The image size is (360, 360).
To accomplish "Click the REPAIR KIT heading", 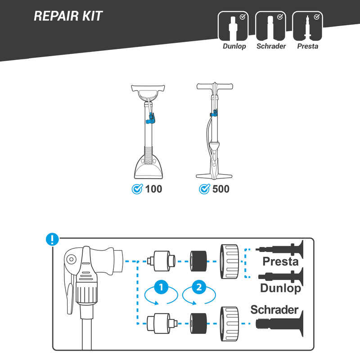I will tap(68, 16).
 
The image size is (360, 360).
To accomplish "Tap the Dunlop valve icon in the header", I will tap(234, 27).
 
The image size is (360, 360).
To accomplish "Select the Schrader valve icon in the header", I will tap(271, 27).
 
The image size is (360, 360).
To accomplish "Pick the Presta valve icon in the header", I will tap(308, 27).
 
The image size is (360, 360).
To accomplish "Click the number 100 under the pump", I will tap(153, 189).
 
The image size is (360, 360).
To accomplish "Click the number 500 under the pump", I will tap(220, 189).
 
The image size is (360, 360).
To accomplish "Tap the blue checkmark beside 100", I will tap(137, 189).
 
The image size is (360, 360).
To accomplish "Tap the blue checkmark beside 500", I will tap(204, 189).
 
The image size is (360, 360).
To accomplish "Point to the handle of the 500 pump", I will tap(214, 86).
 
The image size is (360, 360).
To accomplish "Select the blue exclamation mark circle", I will tap(53, 239).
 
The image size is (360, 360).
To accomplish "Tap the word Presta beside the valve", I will tap(281, 261).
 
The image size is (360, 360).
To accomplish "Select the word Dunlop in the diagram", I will tap(281, 288).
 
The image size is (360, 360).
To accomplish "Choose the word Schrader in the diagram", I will tap(274, 310).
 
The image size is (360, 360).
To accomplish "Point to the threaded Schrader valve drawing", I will tap(274, 323).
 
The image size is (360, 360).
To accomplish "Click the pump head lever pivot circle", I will tap(71, 260).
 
